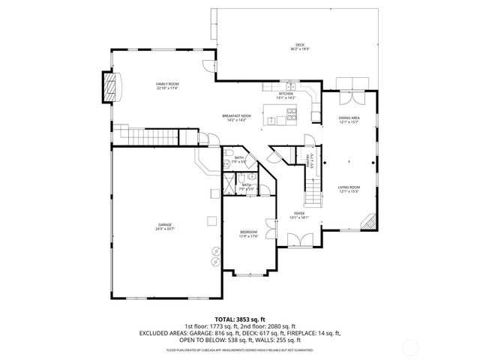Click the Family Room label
(166, 85)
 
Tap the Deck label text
(299, 46)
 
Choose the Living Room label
(349, 189)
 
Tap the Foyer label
(299, 215)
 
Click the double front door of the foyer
(298, 241)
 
